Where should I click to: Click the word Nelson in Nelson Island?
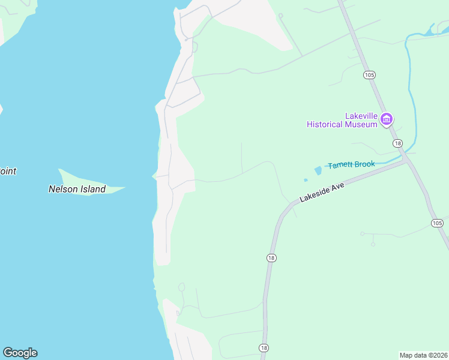coord(63,189)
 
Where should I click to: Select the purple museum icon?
coord(387,119)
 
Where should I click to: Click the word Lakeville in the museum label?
coord(362,116)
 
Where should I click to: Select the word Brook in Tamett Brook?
coord(364,164)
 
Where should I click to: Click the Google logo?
coord(20,353)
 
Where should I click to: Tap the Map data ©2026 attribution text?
coord(423,355)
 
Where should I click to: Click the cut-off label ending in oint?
coord(8,171)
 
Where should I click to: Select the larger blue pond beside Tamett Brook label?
coord(318,171)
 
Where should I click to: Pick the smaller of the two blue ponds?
coord(306,179)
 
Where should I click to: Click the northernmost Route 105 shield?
coord(369,74)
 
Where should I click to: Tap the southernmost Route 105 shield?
coord(436,223)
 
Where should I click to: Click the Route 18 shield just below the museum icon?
coord(397,143)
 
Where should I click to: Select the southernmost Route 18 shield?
coord(264,348)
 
